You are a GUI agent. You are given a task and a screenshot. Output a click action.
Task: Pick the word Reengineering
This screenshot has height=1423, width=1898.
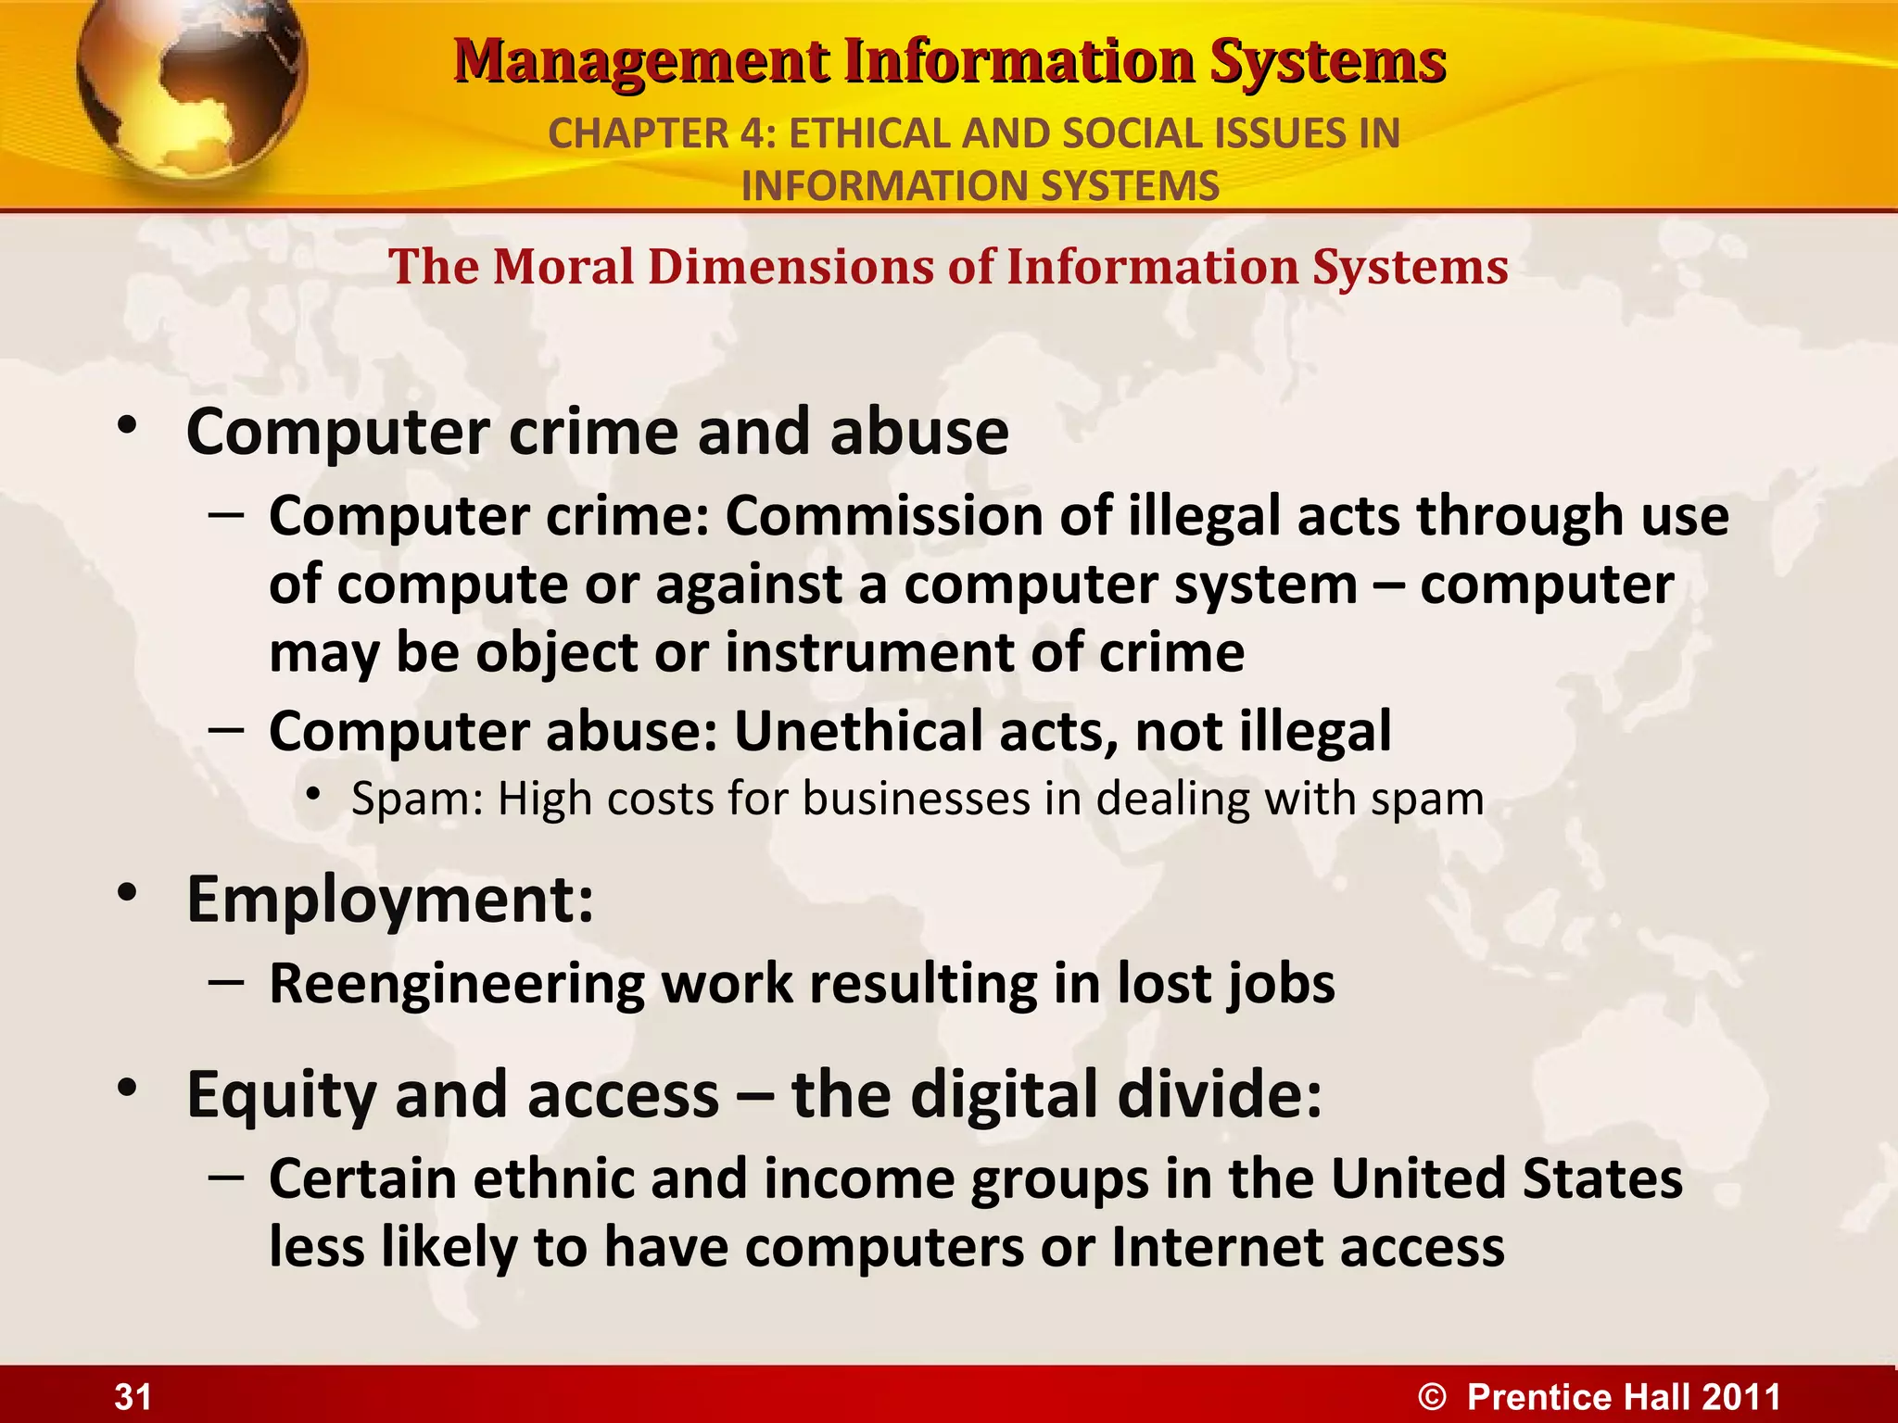tap(456, 984)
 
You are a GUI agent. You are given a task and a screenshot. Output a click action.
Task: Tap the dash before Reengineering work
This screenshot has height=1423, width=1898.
tap(226, 982)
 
